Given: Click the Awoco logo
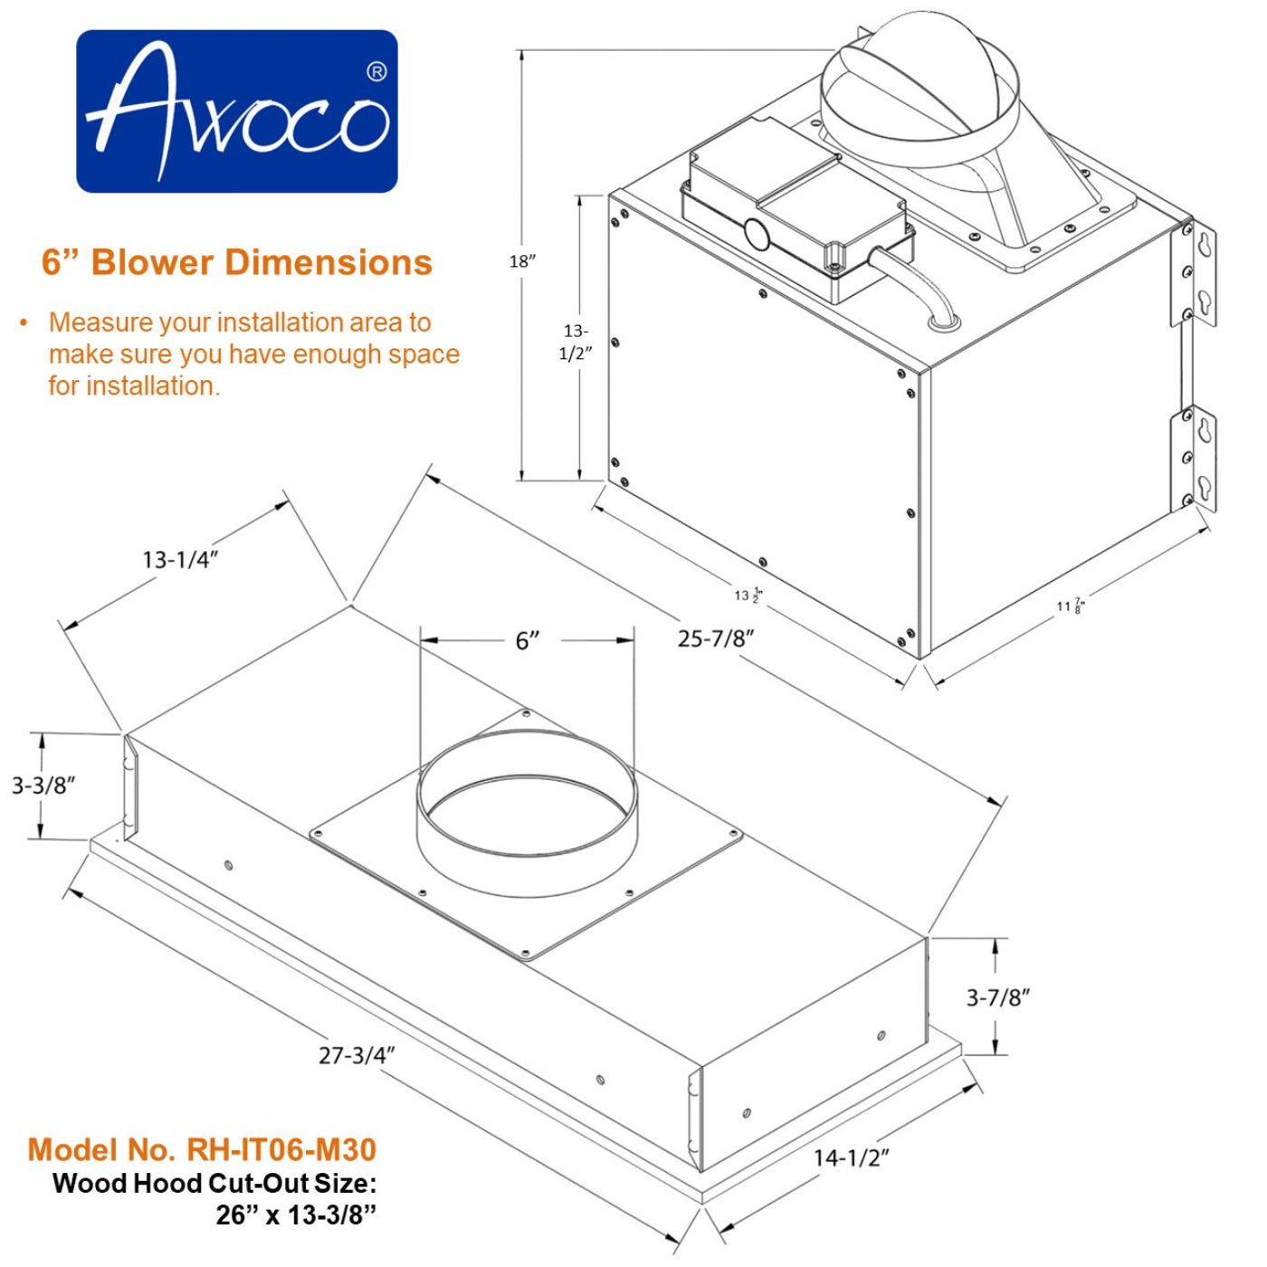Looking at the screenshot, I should [x=236, y=111].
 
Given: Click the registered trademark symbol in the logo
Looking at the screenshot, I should [x=376, y=71].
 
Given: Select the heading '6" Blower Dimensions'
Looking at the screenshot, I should [x=237, y=262].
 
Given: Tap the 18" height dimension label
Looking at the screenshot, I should [x=522, y=262].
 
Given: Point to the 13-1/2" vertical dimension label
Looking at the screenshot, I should [x=576, y=342].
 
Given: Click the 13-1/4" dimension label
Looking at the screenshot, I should [x=180, y=559].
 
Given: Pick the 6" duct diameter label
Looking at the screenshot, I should [x=528, y=641].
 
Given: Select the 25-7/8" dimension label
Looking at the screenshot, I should [x=715, y=638].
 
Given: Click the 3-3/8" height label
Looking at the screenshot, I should [x=43, y=785].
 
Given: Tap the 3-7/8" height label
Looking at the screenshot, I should [x=998, y=997].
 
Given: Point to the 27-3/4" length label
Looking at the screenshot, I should [x=357, y=1055].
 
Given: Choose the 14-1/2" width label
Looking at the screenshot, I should [x=851, y=1157].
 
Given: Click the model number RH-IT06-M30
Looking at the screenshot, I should [x=202, y=1149].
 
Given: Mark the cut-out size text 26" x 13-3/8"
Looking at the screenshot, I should [x=295, y=1215].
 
